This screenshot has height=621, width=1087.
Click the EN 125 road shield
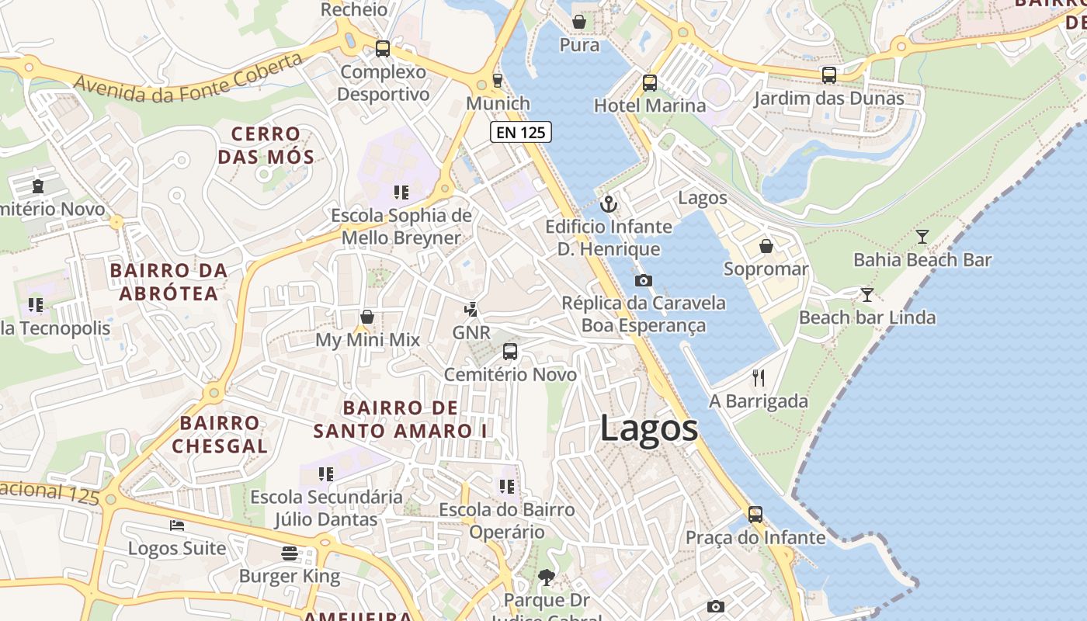coord(521,132)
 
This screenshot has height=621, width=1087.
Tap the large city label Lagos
coord(649,428)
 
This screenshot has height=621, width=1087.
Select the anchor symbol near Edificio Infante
coord(609,204)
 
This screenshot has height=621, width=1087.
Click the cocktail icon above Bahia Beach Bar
coord(922,237)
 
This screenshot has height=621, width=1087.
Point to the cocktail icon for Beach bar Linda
coord(867,295)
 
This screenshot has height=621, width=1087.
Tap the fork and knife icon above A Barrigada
coord(759,378)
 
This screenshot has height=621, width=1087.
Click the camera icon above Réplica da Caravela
coord(643,280)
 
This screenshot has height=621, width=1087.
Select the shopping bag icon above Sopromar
coord(766,246)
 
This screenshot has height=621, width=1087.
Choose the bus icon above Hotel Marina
coord(650,82)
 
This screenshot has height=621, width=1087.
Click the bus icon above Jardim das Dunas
coord(829,75)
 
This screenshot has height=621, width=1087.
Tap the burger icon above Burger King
coord(290,553)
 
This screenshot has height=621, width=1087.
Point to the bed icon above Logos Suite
coord(177,526)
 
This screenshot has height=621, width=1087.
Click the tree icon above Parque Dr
coord(547,577)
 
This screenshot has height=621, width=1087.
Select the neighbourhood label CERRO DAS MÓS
coord(266,146)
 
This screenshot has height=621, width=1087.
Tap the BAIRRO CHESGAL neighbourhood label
coord(220,435)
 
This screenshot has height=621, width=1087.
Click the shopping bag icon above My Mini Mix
coord(367,317)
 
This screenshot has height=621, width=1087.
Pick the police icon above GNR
coord(471,310)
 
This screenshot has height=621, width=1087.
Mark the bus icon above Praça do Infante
coord(755,514)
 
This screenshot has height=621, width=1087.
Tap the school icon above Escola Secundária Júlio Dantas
coord(326,474)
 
